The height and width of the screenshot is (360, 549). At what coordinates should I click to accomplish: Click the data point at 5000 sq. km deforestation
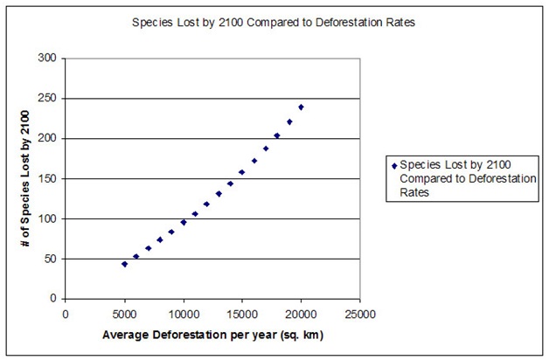point(124,264)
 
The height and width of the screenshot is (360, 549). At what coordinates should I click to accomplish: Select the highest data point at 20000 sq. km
point(301,107)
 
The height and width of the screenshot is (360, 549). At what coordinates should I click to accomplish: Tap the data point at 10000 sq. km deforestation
point(183,222)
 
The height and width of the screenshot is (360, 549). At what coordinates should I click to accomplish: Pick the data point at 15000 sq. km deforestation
point(242,172)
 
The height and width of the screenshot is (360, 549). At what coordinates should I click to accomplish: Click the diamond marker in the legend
point(394,164)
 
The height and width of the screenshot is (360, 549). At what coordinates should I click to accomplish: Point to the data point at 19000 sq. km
point(289,121)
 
